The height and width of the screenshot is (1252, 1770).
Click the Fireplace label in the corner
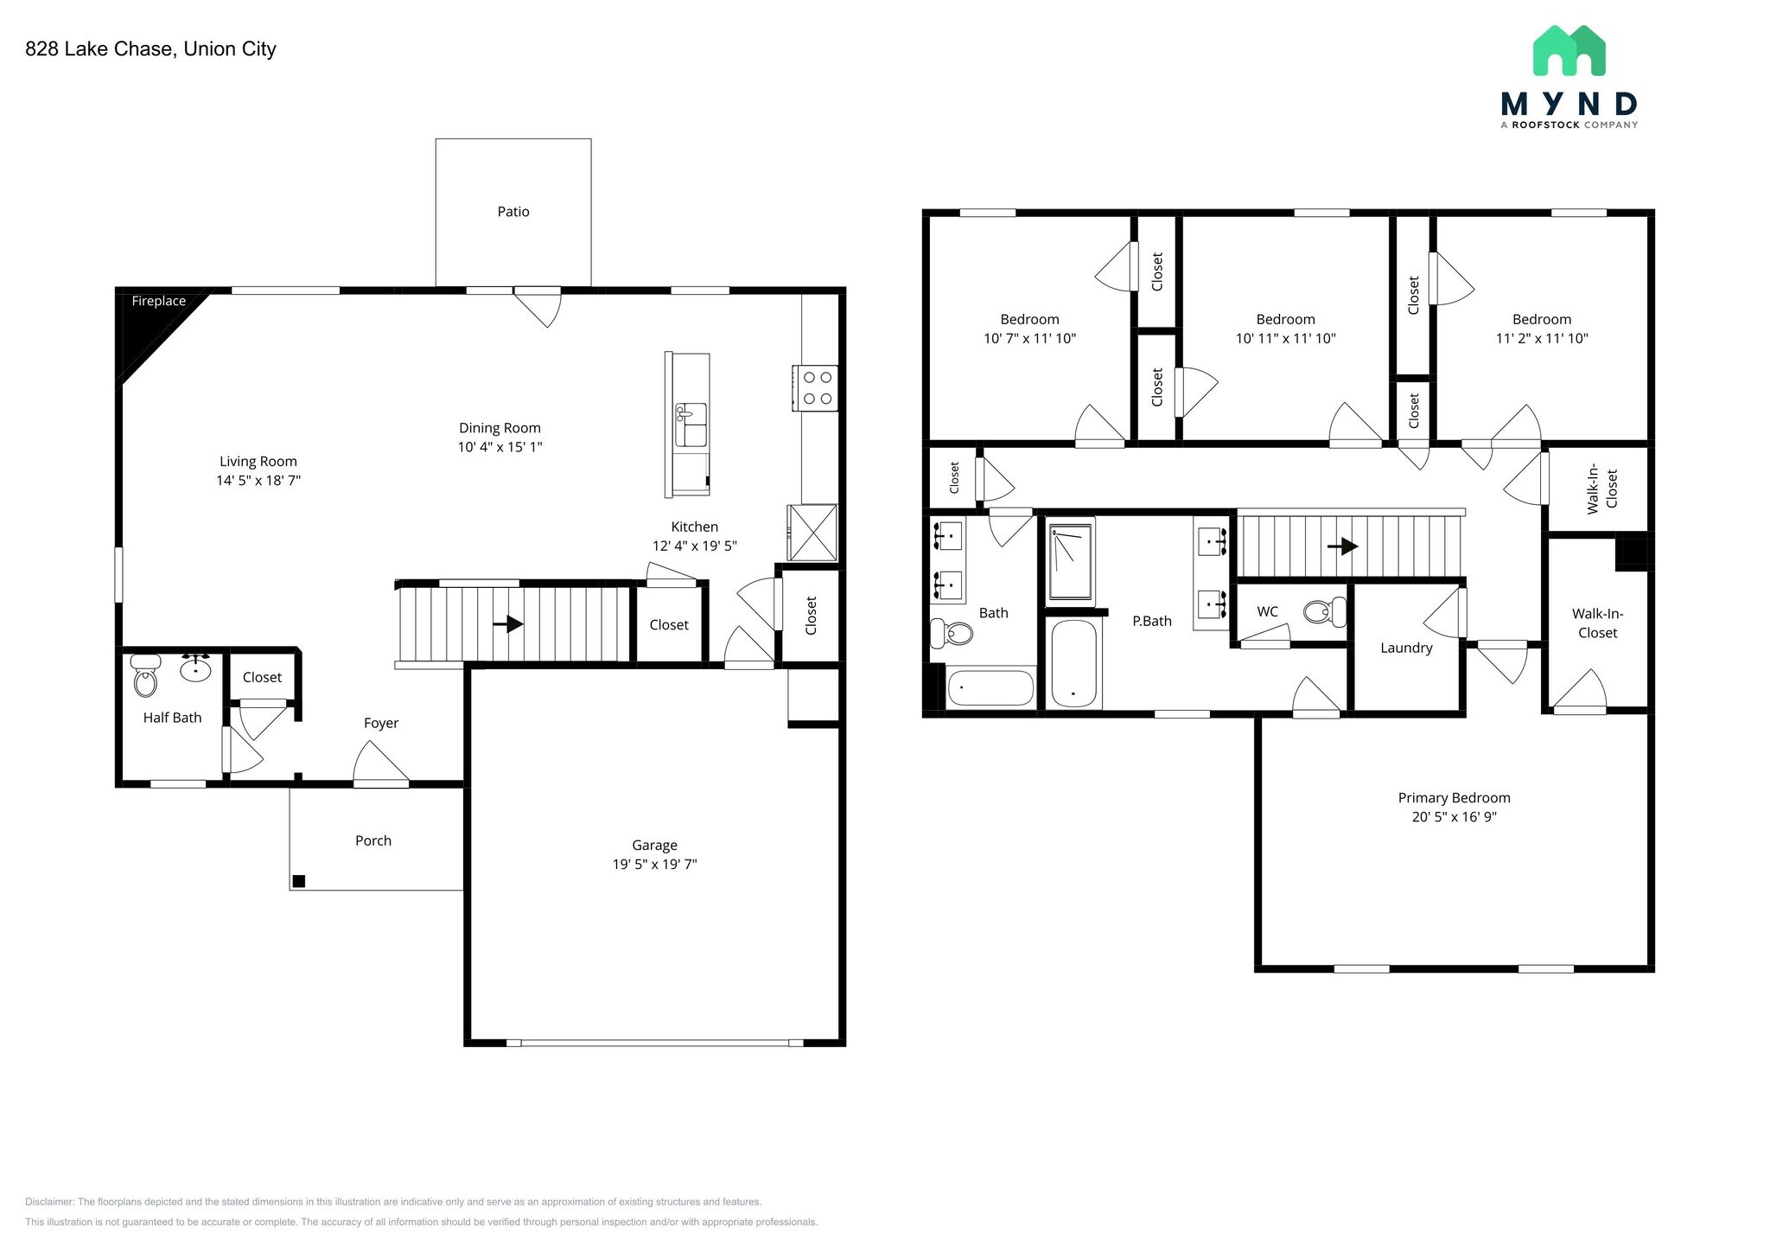coord(158,301)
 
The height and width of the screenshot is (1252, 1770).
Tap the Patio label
coord(513,212)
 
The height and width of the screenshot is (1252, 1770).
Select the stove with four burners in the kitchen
coord(815,388)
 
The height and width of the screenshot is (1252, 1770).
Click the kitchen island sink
coord(691,424)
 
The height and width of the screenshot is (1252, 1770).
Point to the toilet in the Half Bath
coord(146,677)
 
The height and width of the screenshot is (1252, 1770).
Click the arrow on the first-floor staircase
coord(513,623)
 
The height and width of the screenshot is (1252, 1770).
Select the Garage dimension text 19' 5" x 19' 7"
coord(654,864)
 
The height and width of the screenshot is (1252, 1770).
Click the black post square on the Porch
coord(299,881)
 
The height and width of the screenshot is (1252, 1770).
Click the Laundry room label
coord(1406,648)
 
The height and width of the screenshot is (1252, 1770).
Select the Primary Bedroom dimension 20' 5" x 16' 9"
coord(1454,817)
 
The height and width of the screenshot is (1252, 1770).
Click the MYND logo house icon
coord(1569,51)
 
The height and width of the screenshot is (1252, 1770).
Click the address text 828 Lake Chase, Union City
coord(150,49)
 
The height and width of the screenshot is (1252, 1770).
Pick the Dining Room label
coord(500,428)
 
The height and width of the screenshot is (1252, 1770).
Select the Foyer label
coord(381,723)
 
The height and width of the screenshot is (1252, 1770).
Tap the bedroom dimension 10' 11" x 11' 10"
coord(1285,339)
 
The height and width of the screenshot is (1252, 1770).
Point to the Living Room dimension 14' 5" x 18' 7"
coord(258,481)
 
